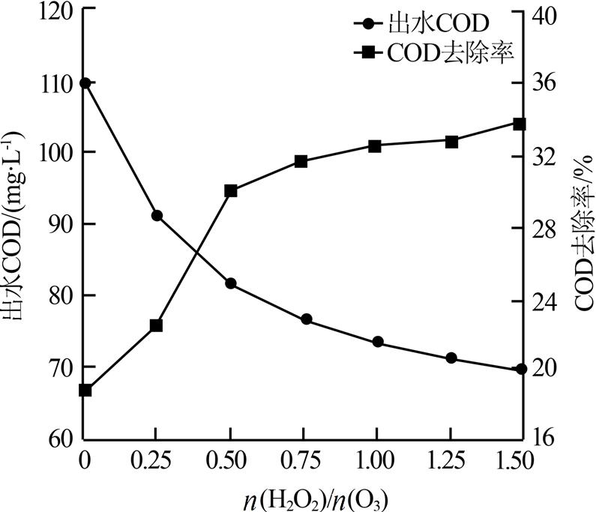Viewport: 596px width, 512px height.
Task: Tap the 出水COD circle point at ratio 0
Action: point(85,82)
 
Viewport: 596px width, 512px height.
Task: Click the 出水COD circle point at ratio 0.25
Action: point(157,216)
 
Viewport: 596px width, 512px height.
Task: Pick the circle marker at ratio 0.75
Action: point(306,319)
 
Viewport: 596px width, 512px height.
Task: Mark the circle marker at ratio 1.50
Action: point(520,370)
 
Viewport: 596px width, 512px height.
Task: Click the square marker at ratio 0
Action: point(85,390)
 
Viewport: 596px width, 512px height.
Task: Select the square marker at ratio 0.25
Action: point(157,325)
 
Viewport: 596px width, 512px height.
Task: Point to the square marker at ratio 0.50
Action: point(230,190)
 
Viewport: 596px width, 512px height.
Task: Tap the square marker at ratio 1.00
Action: point(376,146)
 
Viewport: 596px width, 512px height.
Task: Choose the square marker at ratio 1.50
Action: point(520,123)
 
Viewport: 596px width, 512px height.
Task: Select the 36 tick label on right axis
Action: point(547,82)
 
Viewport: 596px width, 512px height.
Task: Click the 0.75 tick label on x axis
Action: point(303,459)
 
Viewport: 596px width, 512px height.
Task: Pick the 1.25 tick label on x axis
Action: point(448,459)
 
